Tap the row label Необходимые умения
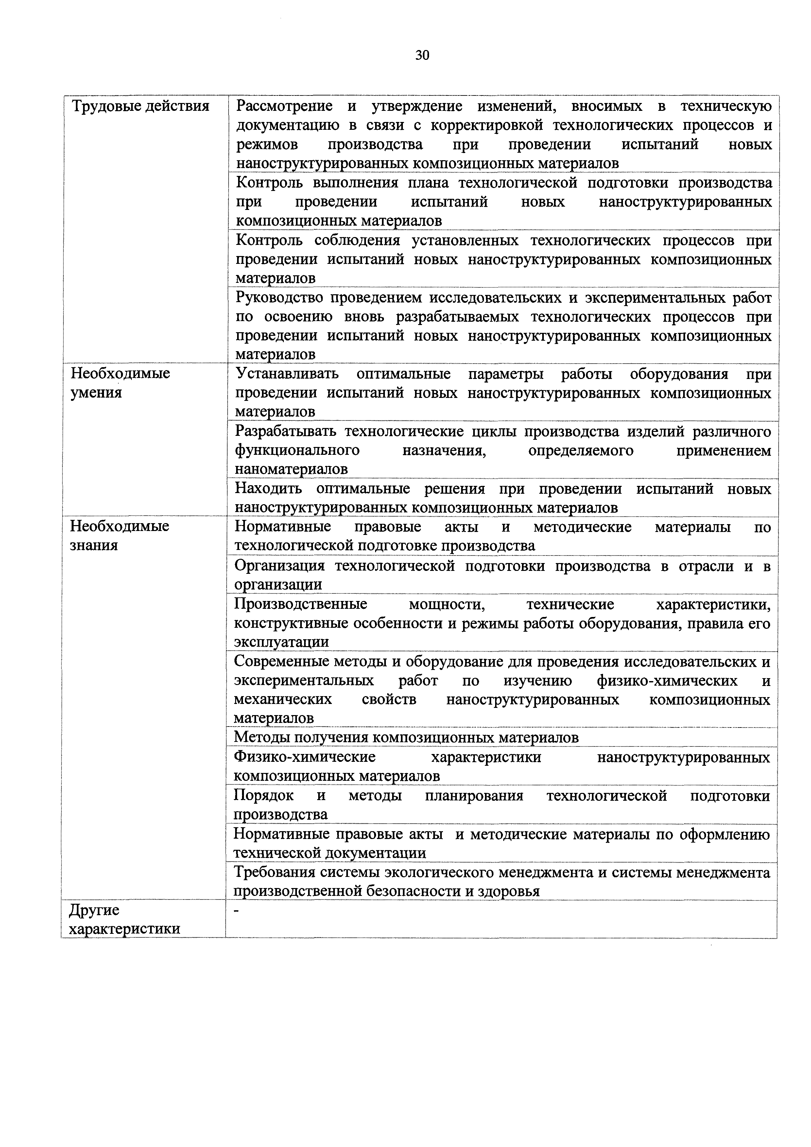tap(120, 383)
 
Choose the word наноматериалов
tap(291, 470)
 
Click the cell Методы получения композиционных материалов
tap(406, 737)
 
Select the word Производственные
tap(300, 605)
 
